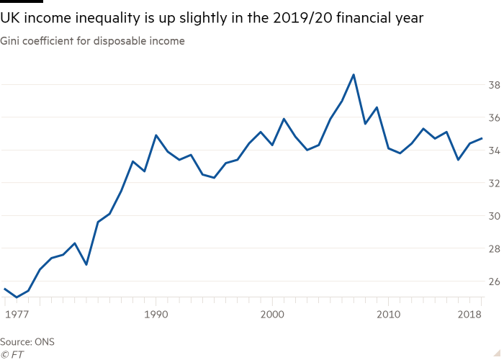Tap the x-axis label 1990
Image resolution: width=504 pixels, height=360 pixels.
tap(156, 315)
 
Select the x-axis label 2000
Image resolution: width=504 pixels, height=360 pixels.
tap(272, 315)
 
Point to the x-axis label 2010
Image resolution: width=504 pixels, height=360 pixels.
tap(388, 315)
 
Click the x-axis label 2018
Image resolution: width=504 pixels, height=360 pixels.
tap(469, 315)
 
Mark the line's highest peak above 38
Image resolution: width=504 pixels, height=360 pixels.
tap(354, 74)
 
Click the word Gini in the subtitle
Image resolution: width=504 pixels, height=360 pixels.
tap(10, 41)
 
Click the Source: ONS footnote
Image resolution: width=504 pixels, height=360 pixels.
tap(27, 341)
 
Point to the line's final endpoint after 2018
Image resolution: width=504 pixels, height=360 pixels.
tap(481, 138)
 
